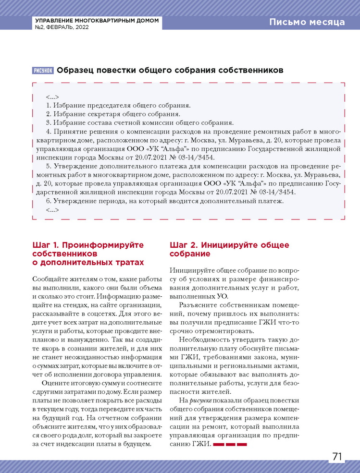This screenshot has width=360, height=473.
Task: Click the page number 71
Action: (337, 456)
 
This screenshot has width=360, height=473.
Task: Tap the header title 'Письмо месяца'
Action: (307, 22)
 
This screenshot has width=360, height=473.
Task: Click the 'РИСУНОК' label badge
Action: (43, 71)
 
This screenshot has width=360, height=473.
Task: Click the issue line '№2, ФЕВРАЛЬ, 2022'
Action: (62, 28)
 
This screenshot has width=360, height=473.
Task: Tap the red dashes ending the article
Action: (230, 445)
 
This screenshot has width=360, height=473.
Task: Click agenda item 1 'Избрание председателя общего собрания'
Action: (118, 105)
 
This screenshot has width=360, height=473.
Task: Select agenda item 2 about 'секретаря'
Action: (113, 114)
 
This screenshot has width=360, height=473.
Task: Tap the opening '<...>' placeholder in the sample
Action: (52, 97)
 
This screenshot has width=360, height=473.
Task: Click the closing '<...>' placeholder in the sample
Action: (52, 210)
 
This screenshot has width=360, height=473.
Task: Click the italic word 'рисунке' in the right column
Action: (199, 400)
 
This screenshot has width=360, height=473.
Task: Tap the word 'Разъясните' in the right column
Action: (198, 305)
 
